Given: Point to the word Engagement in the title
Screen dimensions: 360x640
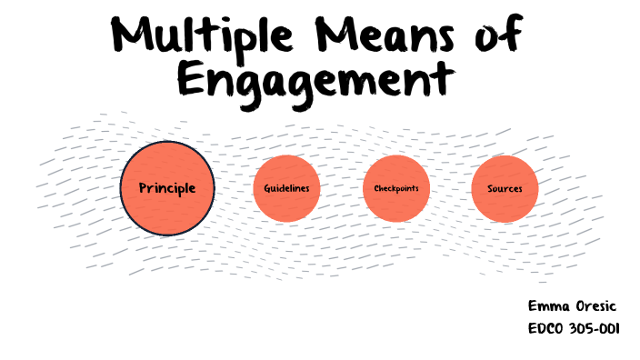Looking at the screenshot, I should click(314, 80).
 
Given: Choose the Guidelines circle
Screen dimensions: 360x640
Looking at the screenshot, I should click(286, 188).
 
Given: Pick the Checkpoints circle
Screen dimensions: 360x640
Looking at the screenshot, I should click(395, 188).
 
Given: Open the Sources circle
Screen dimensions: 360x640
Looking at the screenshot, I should click(505, 188).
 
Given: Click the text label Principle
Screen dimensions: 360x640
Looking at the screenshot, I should click(167, 188).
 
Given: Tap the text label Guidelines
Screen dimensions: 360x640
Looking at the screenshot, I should click(286, 188).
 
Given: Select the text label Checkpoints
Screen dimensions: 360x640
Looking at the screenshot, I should click(395, 188).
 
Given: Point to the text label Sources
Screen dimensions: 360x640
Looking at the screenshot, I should click(505, 188).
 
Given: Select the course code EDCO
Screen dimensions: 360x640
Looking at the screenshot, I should click(547, 328).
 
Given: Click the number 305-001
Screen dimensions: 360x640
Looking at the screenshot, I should click(597, 328).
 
